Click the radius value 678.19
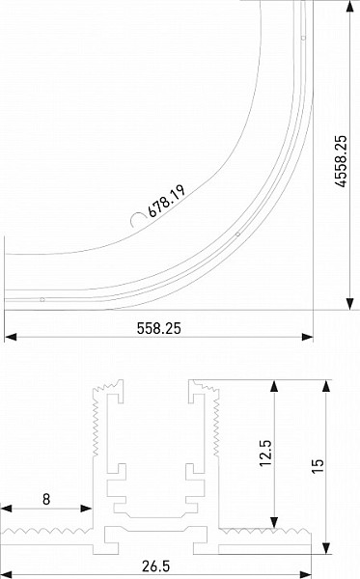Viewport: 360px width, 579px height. [x=166, y=201]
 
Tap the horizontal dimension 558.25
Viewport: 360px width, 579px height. [x=159, y=328]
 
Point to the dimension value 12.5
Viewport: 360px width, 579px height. [x=265, y=453]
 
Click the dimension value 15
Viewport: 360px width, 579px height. [x=318, y=466]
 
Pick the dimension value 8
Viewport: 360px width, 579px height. [x=46, y=500]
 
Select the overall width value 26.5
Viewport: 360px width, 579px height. [x=155, y=566]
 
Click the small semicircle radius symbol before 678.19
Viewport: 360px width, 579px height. [x=137, y=219]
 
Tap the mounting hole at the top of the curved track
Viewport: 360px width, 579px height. [x=303, y=38]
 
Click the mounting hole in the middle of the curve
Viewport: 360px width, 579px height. [x=237, y=234]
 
